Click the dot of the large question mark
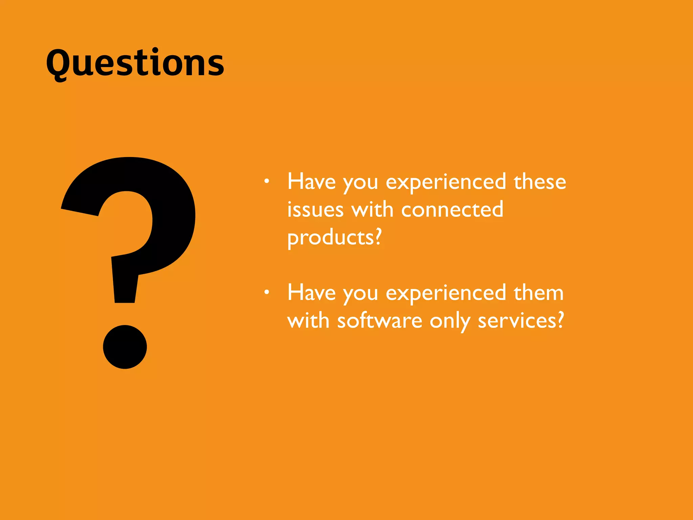[x=125, y=347]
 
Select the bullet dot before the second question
[x=267, y=292]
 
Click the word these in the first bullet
[x=540, y=182]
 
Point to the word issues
[x=315, y=210]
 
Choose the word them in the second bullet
[x=538, y=293]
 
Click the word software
[x=379, y=320]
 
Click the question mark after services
[x=561, y=320]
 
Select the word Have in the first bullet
[x=311, y=182]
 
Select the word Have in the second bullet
[x=311, y=293]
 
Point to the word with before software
[x=308, y=320]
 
